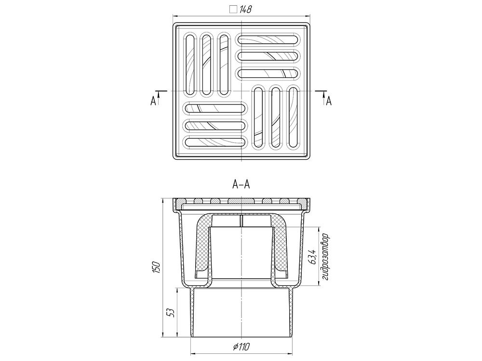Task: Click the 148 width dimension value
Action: [246, 10]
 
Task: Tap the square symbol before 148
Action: [234, 10]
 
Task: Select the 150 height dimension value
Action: [156, 268]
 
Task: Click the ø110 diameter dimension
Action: [241, 347]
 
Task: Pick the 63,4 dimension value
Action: [313, 257]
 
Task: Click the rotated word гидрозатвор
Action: [326, 257]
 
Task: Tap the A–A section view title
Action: [241, 184]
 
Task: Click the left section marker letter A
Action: [153, 101]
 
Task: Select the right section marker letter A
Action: [329, 101]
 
